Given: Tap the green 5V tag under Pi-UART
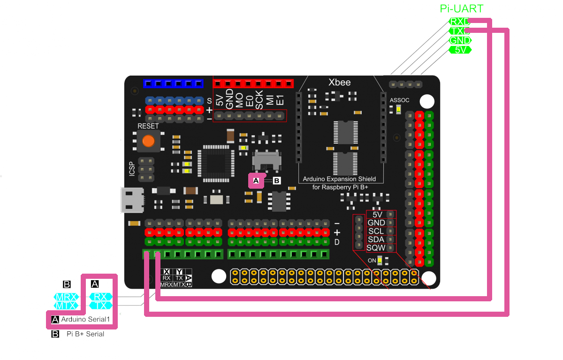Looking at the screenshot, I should [460, 50].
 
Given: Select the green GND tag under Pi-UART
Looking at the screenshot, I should [460, 40].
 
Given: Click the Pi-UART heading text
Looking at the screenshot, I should [461, 8].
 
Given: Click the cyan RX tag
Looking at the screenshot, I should [100, 297].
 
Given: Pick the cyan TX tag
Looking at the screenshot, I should [100, 306].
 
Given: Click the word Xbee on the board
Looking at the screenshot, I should [339, 83].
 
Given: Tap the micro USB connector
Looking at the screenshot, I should [132, 200].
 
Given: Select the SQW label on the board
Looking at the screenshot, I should [376, 248].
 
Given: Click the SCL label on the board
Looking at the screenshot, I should [376, 231].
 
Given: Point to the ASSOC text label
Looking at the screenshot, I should [399, 100].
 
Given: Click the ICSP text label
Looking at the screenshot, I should [132, 169].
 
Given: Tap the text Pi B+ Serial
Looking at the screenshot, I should [85, 334].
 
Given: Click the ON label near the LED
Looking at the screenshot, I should [372, 260].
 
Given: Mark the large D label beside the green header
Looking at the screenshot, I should [337, 242].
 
